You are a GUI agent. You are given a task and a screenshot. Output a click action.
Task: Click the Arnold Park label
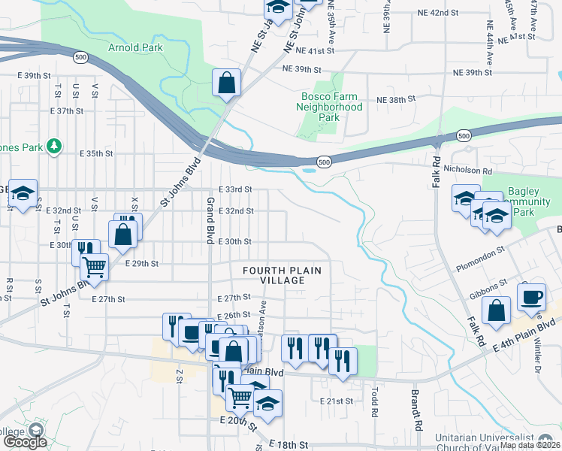point(135,47)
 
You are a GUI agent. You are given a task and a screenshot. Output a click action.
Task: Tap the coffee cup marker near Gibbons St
point(532,297)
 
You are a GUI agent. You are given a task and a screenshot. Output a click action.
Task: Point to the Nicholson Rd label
point(471,170)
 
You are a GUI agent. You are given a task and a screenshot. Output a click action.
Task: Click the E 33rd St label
point(234,189)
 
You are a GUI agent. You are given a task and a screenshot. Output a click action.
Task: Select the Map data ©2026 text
point(529,445)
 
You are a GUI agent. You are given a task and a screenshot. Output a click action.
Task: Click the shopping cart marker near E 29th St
point(95,267)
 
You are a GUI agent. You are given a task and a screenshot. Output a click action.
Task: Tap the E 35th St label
point(95,153)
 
